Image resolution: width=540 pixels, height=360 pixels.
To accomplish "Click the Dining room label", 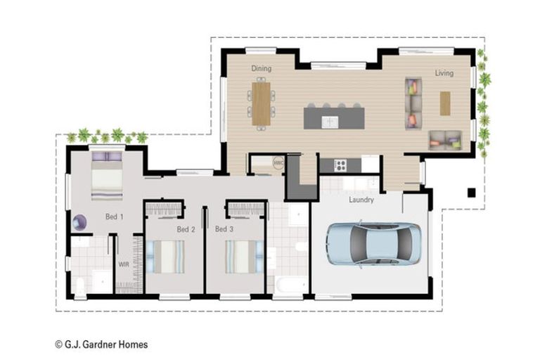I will (x=262, y=69).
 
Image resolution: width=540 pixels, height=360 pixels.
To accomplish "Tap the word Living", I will (x=444, y=73).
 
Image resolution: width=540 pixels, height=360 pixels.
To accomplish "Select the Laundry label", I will (x=361, y=200).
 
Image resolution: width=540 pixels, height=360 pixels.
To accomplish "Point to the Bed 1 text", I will (x=115, y=217).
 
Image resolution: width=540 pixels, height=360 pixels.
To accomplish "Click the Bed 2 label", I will (x=185, y=229).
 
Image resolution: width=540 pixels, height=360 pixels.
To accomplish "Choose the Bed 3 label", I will (x=224, y=229).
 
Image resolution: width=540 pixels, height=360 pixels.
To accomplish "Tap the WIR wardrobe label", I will (x=124, y=265).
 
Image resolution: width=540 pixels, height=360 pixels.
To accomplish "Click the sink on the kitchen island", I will (x=330, y=122).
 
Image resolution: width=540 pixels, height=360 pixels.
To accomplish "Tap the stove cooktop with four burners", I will (x=340, y=165).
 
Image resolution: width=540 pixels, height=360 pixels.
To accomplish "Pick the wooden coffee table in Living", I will (x=445, y=103).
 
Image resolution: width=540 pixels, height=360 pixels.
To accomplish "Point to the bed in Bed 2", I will (x=169, y=257).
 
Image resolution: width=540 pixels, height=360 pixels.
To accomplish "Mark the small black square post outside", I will (x=471, y=193).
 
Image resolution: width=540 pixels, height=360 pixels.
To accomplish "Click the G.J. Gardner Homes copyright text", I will (x=101, y=345).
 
